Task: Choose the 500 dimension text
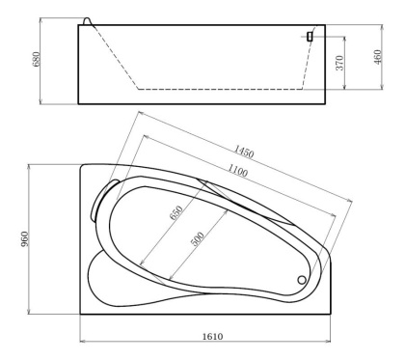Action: point(197,240)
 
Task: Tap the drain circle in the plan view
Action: point(303,280)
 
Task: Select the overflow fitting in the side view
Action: point(310,37)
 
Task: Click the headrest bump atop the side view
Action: point(90,20)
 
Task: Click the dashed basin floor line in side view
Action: point(222,89)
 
